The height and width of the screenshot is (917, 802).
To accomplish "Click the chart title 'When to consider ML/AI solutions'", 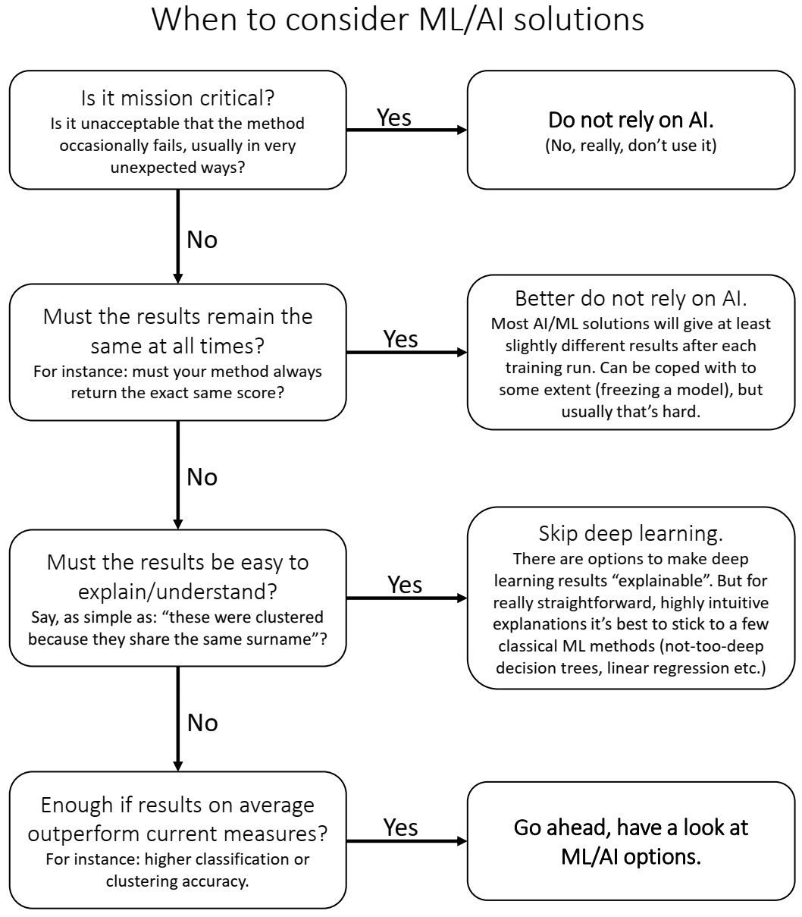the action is [x=398, y=20].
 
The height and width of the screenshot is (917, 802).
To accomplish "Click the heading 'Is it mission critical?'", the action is [x=177, y=98].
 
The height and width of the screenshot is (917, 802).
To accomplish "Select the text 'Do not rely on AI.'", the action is [x=631, y=120].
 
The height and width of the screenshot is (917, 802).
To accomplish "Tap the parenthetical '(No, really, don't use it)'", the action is [x=631, y=145].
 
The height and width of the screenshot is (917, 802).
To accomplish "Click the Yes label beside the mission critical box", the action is [x=393, y=118].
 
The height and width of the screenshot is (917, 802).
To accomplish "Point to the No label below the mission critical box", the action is [x=202, y=240].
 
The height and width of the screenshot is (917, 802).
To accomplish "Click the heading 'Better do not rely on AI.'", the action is [x=631, y=298].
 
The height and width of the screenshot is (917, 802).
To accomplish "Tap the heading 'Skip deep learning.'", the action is [x=631, y=533].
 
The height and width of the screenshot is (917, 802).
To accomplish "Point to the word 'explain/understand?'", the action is [x=177, y=592].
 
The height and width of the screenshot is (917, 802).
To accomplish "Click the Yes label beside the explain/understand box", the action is [x=404, y=585].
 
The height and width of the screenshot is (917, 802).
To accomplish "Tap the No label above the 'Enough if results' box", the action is [x=202, y=723].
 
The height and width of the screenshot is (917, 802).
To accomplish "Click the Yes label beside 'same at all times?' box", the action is [x=400, y=339].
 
